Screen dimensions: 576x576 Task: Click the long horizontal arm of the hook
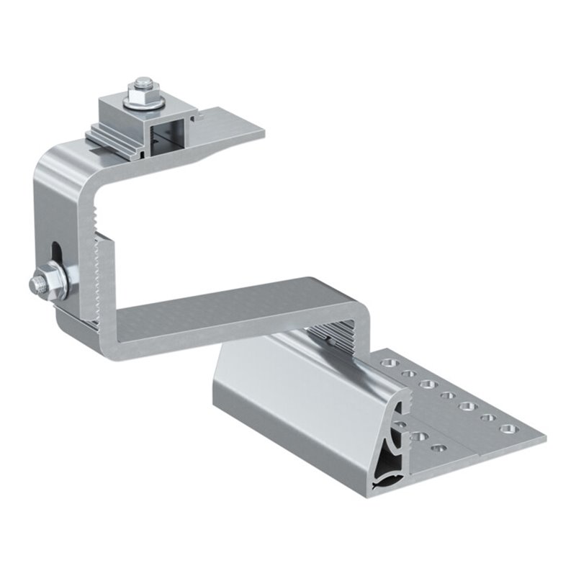point(238,310)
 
